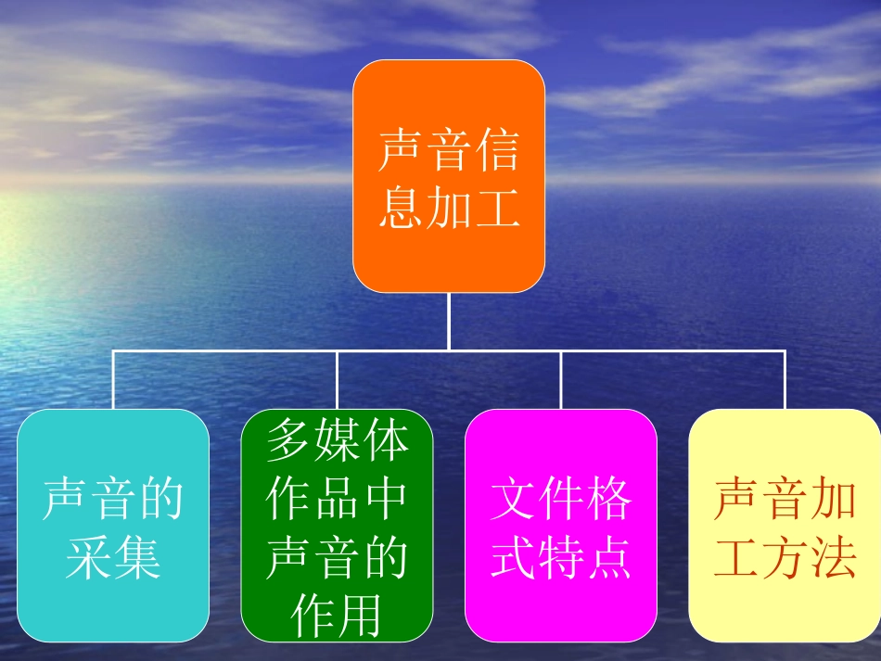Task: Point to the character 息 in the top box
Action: tap(401, 209)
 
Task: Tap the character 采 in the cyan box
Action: tap(89, 557)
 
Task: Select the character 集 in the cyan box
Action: tap(137, 557)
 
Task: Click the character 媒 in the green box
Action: tap(337, 440)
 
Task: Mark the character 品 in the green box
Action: tap(337, 499)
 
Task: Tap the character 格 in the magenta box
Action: tap(608, 500)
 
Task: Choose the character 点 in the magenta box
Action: tap(608, 557)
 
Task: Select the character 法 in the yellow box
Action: tap(832, 557)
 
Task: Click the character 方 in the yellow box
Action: tap(785, 557)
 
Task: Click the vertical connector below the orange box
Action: tap(449, 321)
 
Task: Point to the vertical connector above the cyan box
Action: tap(113, 380)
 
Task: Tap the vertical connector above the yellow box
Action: tap(785, 380)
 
